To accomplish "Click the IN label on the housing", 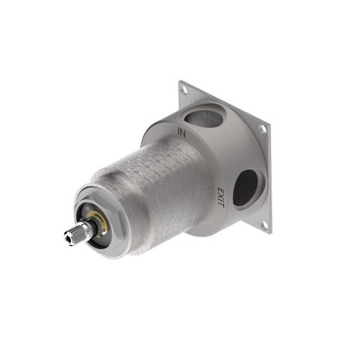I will pyautogui.click(x=181, y=132).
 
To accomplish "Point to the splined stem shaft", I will pyautogui.click(x=77, y=234).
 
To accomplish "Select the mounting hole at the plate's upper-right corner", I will pyautogui.click(x=263, y=130).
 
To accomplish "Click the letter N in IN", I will pyautogui.click(x=183, y=132).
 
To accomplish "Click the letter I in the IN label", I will pyautogui.click(x=177, y=130).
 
